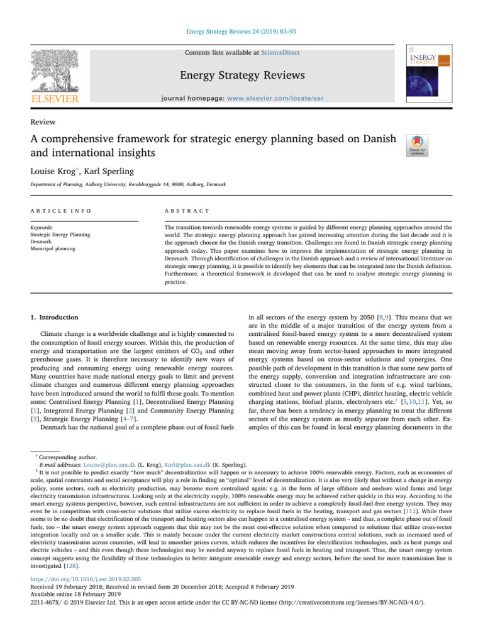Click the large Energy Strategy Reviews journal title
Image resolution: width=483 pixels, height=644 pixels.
click(x=241, y=76)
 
